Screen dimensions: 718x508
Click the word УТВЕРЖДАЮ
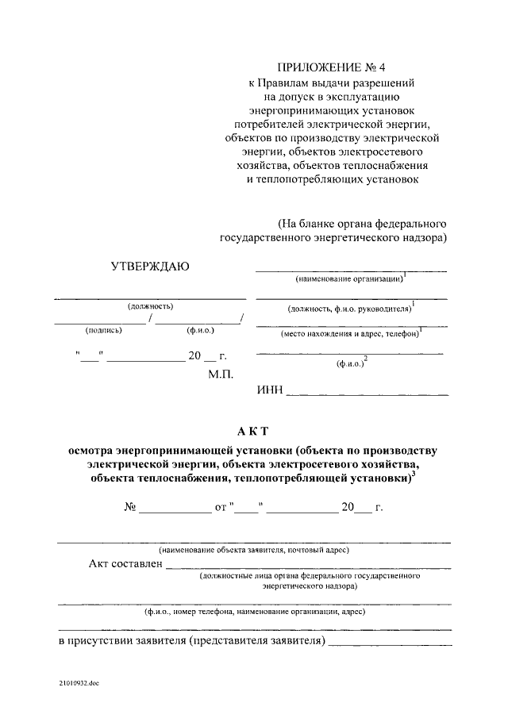click(x=150, y=266)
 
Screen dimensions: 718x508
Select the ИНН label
click(x=269, y=390)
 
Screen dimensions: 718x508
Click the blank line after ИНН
click(x=366, y=393)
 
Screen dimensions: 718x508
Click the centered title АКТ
click(x=253, y=431)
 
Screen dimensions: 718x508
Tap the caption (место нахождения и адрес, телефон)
click(x=349, y=334)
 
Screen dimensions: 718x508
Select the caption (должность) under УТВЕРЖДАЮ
click(x=150, y=306)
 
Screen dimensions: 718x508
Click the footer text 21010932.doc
click(x=79, y=682)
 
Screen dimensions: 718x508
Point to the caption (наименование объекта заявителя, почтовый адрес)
click(x=254, y=549)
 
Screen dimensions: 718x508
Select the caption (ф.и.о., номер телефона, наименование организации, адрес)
click(x=254, y=612)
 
